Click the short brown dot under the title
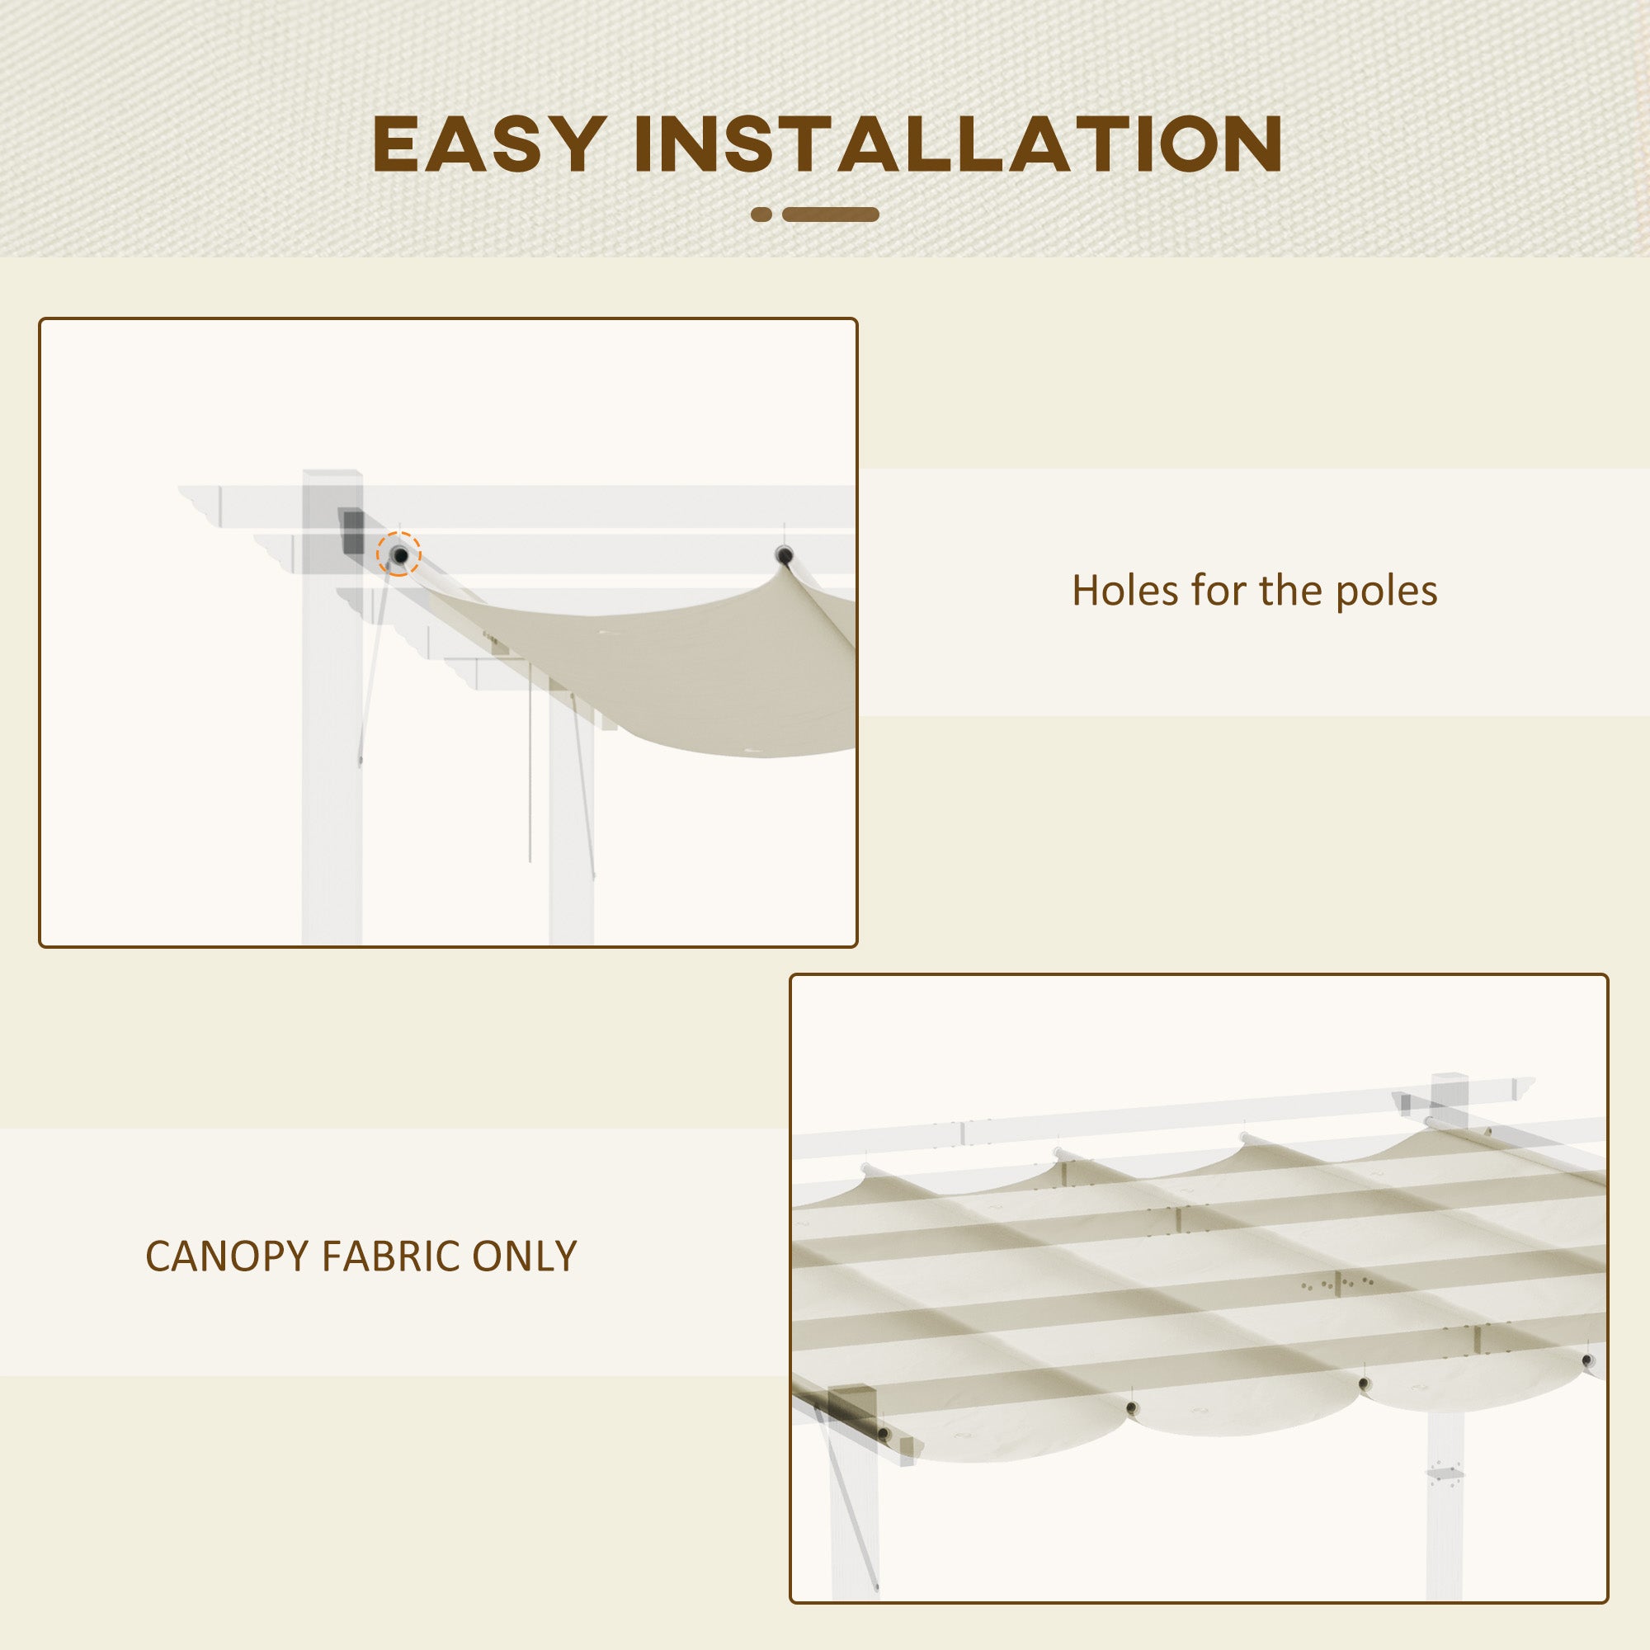click(x=761, y=214)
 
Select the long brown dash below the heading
click(x=830, y=214)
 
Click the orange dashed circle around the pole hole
click(x=398, y=555)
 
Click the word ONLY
click(x=524, y=1256)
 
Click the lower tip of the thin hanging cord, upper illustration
click(x=530, y=863)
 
